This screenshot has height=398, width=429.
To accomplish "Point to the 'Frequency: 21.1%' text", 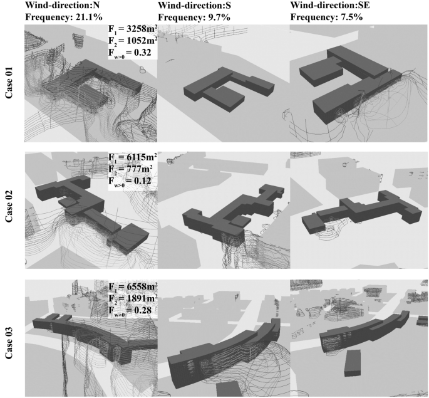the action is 64,17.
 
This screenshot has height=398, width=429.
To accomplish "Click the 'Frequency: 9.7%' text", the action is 194,17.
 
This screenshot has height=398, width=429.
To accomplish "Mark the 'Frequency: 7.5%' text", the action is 327,17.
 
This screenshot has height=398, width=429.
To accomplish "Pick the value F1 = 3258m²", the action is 133,29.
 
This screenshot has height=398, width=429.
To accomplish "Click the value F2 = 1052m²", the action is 133,41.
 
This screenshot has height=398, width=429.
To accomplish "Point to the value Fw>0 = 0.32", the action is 130,53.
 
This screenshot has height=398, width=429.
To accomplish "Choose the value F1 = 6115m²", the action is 133,157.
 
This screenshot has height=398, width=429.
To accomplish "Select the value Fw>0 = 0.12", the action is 130,181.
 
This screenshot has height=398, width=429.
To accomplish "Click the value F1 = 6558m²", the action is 133,286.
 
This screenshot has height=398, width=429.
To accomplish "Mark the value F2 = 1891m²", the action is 133,298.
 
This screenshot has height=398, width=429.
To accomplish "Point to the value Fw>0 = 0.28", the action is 130,311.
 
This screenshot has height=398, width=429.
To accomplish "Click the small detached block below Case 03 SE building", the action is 353,363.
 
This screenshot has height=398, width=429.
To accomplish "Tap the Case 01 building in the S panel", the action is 229,88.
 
